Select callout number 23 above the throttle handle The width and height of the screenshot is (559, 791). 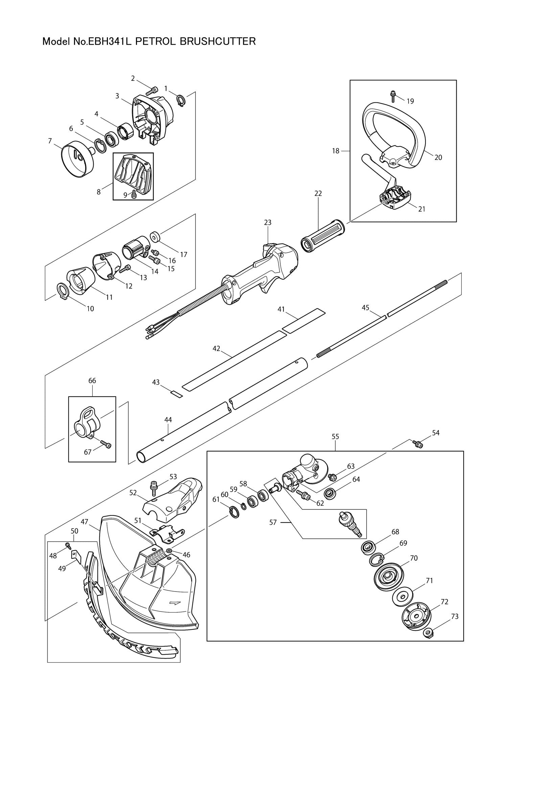click(x=267, y=223)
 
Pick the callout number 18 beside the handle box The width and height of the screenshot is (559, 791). click(x=335, y=151)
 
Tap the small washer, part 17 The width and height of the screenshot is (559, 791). click(x=155, y=237)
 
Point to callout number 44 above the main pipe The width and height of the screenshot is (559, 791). click(x=168, y=420)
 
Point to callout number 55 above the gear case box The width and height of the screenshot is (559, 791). click(x=335, y=437)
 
